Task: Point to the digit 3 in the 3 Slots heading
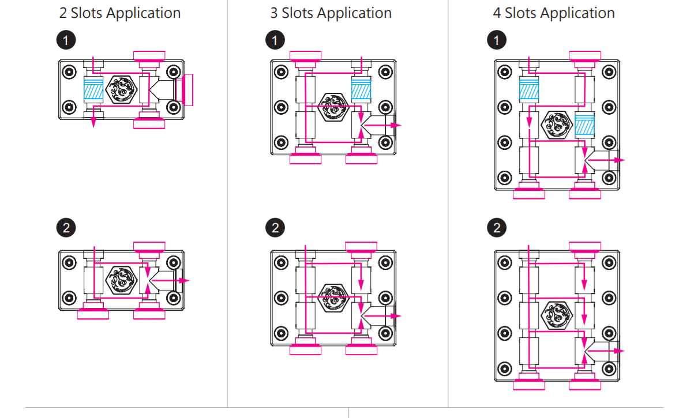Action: coord(274,13)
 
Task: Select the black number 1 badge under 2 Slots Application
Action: coord(67,40)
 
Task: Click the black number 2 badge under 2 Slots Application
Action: coord(67,227)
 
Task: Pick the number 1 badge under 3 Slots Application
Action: coord(275,40)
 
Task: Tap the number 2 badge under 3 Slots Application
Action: coord(275,227)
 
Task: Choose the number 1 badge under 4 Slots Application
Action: coord(497,40)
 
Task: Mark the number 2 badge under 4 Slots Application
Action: coord(497,227)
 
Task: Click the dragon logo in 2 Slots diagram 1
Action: coord(121,90)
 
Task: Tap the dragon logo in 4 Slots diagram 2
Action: coord(557,314)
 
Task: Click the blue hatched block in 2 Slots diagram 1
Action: coord(93,90)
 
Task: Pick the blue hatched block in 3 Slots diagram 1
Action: coord(361,90)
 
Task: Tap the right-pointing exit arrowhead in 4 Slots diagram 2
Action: coord(621,351)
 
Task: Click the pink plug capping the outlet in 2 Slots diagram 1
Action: coord(188,90)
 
